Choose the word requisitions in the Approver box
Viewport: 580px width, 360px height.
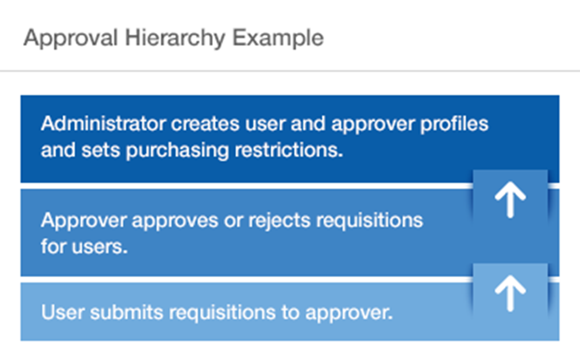coord(363,220)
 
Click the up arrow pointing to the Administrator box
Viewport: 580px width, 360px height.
coord(510,201)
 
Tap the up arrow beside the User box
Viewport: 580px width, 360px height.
coord(510,294)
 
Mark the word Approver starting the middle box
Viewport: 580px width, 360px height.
coord(83,220)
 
